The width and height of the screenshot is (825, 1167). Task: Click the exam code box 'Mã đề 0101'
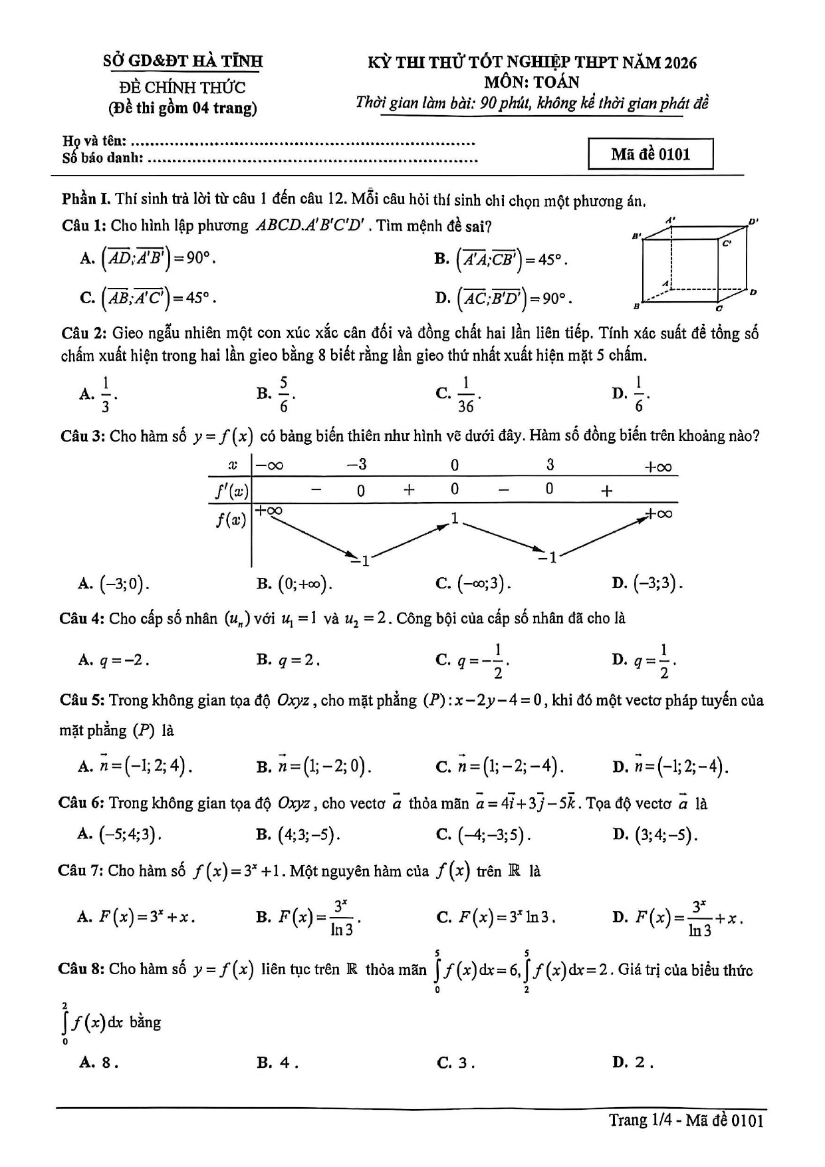pos(650,154)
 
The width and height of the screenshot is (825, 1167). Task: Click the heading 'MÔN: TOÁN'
pos(531,82)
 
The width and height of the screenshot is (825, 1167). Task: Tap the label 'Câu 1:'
pos(84,225)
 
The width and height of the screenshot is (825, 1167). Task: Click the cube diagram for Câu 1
pos(695,264)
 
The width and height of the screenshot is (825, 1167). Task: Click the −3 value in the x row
pos(357,465)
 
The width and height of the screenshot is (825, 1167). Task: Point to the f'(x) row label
pos(231,491)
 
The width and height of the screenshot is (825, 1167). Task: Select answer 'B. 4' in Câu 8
pos(277,1062)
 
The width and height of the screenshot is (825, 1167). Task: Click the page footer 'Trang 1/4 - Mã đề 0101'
pos(685,1120)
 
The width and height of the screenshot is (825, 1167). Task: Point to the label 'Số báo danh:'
pos(102,158)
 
